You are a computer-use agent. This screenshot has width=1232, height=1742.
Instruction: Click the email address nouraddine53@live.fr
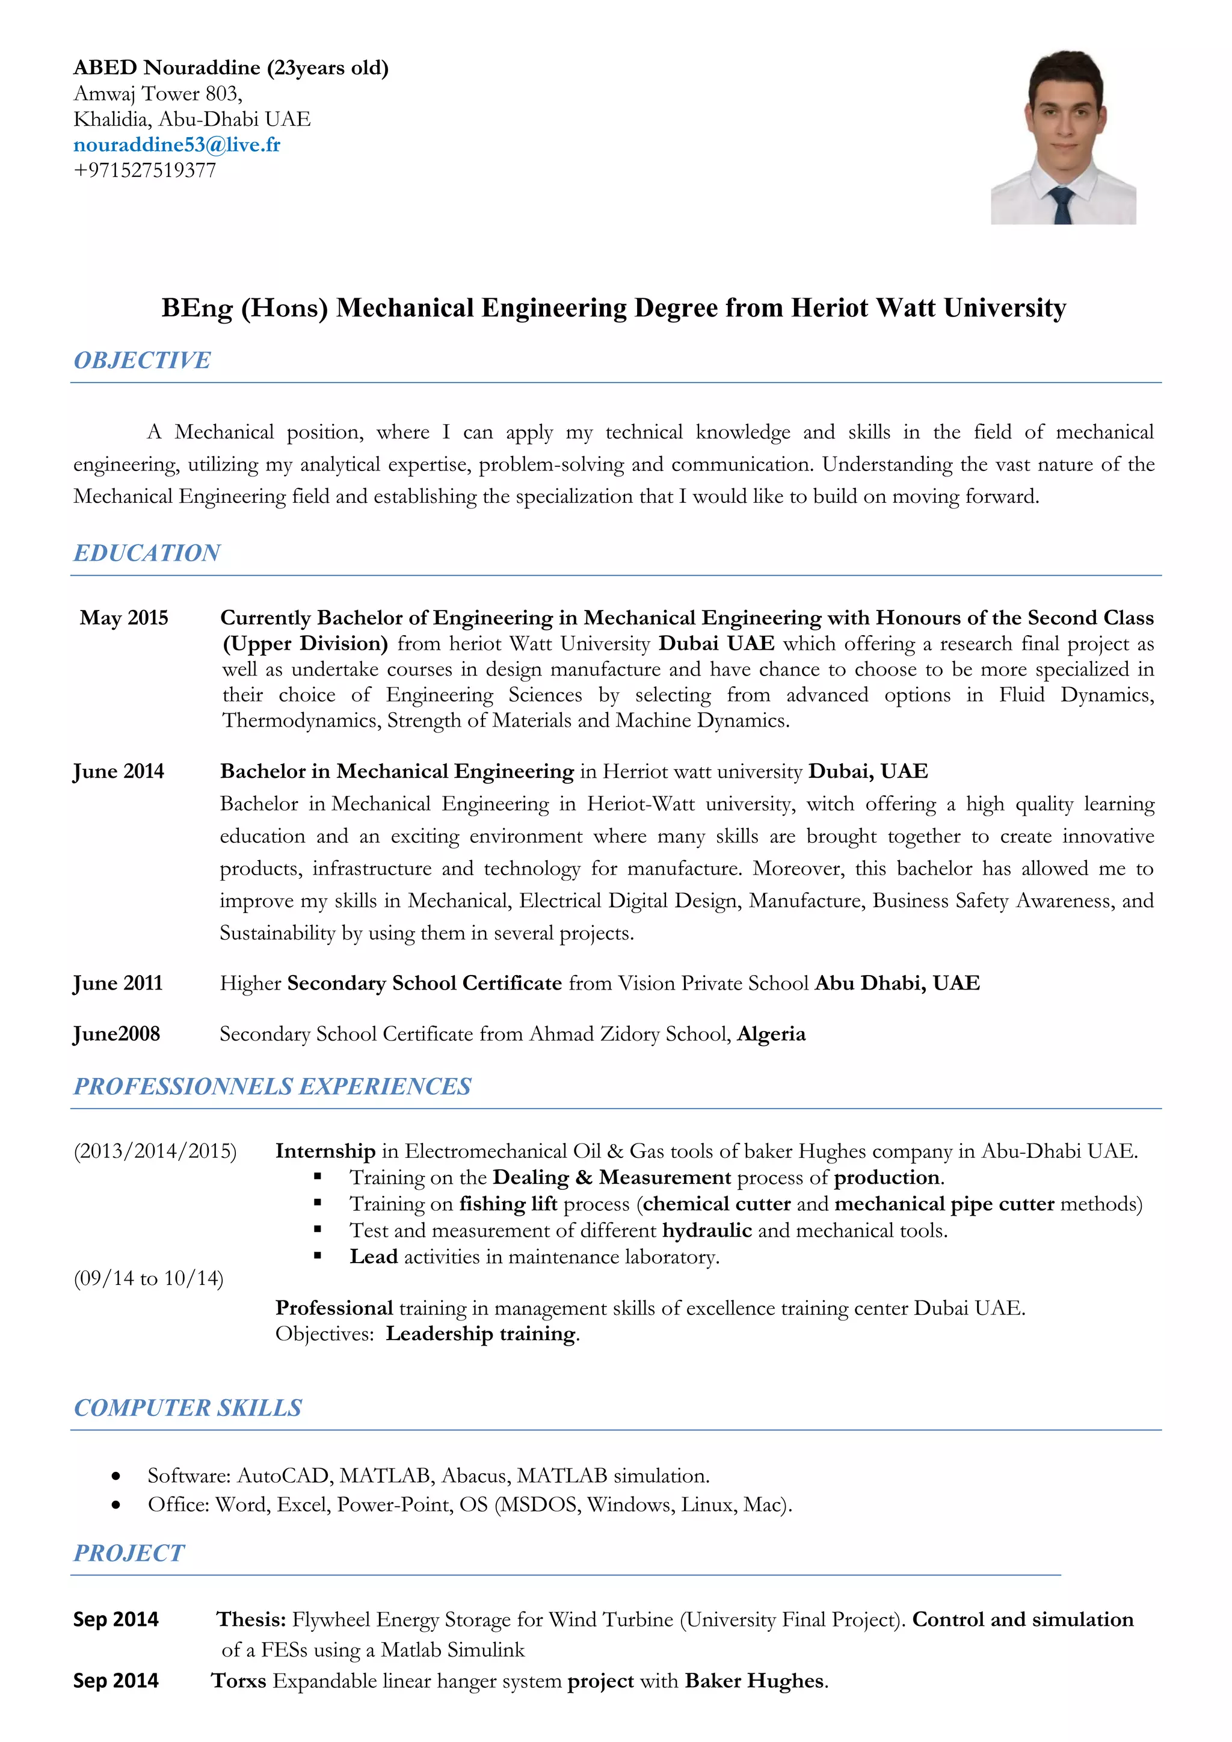point(177,145)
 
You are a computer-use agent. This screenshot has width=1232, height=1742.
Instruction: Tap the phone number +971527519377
point(145,170)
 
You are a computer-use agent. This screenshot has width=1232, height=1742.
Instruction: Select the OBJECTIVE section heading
point(142,360)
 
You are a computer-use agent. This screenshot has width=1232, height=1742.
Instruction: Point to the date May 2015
point(124,618)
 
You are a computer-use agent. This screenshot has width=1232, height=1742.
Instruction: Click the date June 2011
point(117,983)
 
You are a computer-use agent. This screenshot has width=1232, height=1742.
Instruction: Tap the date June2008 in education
point(116,1034)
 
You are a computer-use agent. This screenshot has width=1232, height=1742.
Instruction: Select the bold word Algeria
point(771,1034)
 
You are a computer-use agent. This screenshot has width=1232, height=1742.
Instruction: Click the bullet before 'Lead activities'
point(318,1257)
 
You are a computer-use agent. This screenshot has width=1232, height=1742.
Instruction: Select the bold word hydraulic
point(706,1230)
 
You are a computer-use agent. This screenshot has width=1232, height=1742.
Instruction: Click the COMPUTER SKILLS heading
point(187,1408)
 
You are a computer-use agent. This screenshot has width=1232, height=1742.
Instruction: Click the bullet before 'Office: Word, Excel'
point(115,1504)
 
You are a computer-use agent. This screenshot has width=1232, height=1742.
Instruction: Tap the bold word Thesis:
point(251,1619)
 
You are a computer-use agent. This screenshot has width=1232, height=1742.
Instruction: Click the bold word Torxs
point(239,1681)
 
